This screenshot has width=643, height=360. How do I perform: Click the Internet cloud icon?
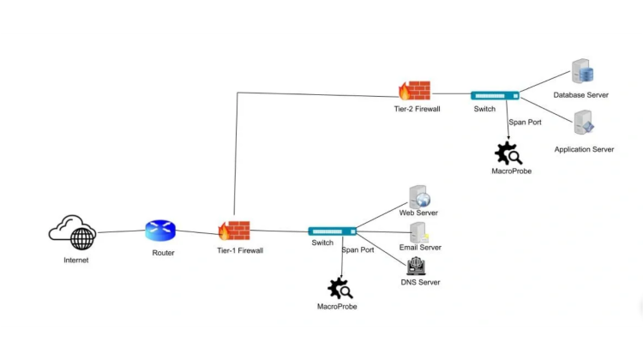73,232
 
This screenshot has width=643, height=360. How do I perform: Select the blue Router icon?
160,231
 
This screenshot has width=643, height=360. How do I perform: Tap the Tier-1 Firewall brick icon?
234,230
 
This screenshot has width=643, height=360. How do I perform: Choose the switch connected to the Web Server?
333,231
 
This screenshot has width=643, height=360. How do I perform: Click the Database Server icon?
584,72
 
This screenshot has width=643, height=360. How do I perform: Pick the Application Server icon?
584,123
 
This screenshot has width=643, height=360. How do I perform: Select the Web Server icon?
419,196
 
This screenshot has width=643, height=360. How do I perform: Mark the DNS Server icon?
416,267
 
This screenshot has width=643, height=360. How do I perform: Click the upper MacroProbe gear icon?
508,153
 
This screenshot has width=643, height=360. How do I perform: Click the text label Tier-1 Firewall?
240,251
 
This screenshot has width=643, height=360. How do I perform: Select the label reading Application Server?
584,150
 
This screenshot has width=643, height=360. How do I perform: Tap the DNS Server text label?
420,283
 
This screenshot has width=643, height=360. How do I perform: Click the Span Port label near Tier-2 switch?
525,123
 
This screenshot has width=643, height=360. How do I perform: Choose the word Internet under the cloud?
75,260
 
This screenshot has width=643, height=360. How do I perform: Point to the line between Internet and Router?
120,231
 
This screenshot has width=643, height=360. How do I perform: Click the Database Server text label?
580,95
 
